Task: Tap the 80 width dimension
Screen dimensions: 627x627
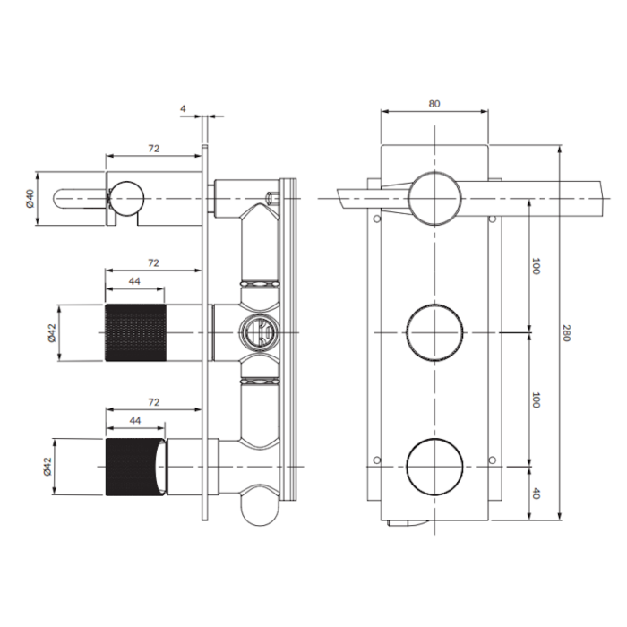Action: click(x=434, y=104)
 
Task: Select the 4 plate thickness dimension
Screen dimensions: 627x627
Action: click(x=183, y=108)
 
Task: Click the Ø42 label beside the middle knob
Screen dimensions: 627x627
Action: click(x=52, y=332)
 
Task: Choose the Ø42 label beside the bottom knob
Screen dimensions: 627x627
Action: click(x=48, y=467)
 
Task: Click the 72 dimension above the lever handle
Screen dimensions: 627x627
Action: click(x=154, y=149)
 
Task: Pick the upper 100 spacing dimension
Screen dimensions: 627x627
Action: click(x=537, y=267)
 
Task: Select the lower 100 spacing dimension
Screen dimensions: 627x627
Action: click(x=537, y=400)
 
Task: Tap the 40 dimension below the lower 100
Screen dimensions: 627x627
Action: click(x=537, y=494)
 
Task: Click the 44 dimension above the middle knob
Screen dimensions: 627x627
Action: click(x=134, y=281)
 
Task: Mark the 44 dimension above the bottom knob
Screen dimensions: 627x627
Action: click(x=135, y=420)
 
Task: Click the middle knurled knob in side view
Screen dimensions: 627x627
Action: click(x=135, y=332)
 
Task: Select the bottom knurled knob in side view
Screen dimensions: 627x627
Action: click(x=134, y=467)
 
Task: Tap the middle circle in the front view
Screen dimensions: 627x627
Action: click(x=434, y=332)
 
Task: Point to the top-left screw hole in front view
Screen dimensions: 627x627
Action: click(x=376, y=219)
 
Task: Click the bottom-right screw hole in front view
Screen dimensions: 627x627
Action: click(x=493, y=460)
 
